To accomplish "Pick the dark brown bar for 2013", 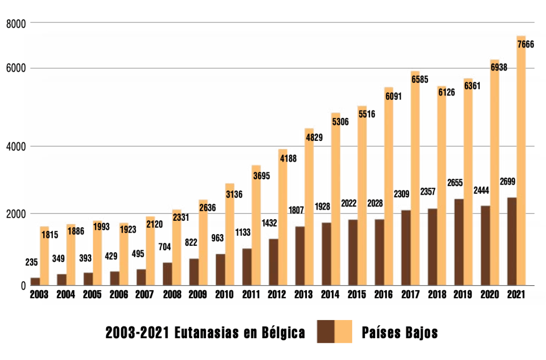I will pyautogui.click(x=299, y=255).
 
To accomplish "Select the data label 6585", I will pyautogui.click(x=420, y=79).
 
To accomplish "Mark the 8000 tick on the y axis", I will pyautogui.click(x=16, y=23).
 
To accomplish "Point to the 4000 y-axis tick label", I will pyautogui.click(x=16, y=146).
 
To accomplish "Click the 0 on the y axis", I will pyautogui.click(x=23, y=286).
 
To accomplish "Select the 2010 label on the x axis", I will pyautogui.click(x=224, y=294).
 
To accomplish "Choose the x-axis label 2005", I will pyautogui.click(x=92, y=294).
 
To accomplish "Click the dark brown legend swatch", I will pyautogui.click(x=326, y=332).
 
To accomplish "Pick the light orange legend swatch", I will pyautogui.click(x=343, y=332).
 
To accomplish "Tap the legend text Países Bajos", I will pyautogui.click(x=400, y=333).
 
